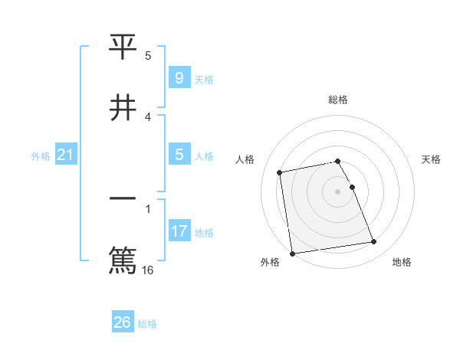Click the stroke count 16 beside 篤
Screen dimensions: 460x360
pyautogui.click(x=149, y=269)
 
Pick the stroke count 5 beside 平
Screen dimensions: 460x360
pyautogui.click(x=149, y=55)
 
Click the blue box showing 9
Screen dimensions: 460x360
pyautogui.click(x=179, y=78)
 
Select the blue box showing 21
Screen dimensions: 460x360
pyautogui.click(x=65, y=155)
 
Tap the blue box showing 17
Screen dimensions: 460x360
pyautogui.click(x=179, y=231)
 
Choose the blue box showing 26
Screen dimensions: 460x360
pyautogui.click(x=123, y=322)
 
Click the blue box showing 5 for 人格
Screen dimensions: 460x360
pyautogui.click(x=179, y=155)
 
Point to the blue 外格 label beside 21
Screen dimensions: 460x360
pyautogui.click(x=41, y=156)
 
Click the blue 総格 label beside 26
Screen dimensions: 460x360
pyautogui.click(x=147, y=324)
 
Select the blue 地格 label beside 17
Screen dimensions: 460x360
pyautogui.click(x=204, y=233)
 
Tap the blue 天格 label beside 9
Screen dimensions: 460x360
pyautogui.click(x=204, y=80)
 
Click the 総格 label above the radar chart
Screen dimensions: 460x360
pyautogui.click(x=338, y=100)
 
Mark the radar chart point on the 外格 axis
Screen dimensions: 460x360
pyautogui.click(x=291, y=254)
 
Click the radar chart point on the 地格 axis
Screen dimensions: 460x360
pyautogui.click(x=373, y=242)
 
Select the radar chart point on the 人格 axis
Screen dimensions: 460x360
pyautogui.click(x=280, y=172)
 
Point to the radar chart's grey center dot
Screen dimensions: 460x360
pyautogui.click(x=337, y=191)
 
